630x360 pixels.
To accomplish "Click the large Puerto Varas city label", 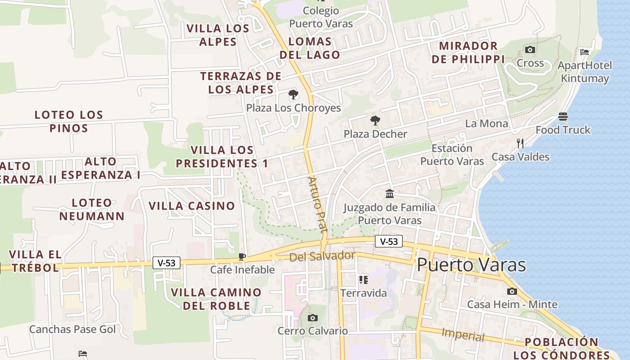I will pos(471,265).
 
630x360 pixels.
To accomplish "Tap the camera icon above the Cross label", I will pos(530,49).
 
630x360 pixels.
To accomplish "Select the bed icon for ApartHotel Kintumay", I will pos(585,52).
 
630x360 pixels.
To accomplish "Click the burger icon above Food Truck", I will pos(562,117).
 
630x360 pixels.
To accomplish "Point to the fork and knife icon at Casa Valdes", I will pos(520,144).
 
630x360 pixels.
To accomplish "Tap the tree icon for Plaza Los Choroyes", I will pos(293,95).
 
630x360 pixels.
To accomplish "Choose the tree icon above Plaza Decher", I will pos(375,121).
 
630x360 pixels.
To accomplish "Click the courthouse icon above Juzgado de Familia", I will pos(390,194).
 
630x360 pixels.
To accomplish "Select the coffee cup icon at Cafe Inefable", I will pos(242,257).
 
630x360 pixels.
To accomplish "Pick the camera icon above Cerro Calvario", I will pos(312,318).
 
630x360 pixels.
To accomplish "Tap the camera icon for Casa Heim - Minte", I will pos(512,292).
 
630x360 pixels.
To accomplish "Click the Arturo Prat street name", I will pos(317,204).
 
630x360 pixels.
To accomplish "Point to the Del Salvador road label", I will pos(322,256).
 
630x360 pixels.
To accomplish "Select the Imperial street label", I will pos(463,335).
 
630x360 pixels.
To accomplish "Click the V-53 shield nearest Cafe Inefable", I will pos(166,263).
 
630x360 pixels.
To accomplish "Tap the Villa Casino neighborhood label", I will pos(192,206).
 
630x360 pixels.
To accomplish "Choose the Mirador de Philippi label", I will pos(468,52).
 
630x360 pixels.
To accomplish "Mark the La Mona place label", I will pos(486,123).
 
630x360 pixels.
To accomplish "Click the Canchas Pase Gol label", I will pos(72,329).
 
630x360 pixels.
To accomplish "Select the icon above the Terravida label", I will pos(364,280).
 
